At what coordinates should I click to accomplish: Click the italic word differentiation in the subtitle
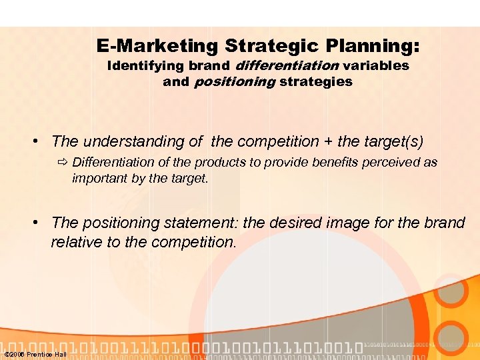point(287,66)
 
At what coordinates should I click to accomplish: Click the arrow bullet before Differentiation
point(63,163)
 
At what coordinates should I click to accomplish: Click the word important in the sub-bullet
point(99,178)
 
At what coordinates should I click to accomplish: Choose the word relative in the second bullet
point(75,242)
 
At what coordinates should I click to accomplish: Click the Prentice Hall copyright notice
point(35,354)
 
